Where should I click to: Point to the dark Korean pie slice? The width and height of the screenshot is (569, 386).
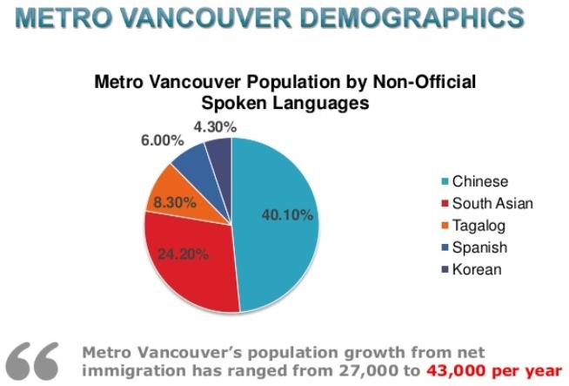pyautogui.click(x=218, y=153)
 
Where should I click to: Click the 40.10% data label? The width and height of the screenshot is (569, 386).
pyautogui.click(x=286, y=215)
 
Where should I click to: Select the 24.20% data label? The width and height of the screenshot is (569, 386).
pyautogui.click(x=184, y=255)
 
